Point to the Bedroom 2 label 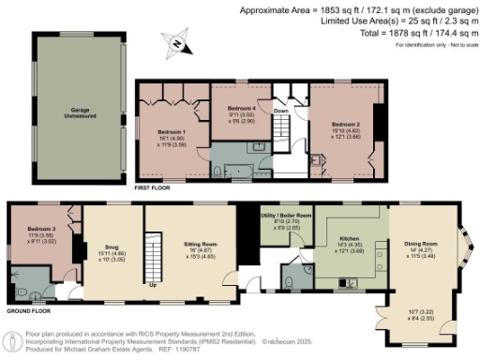(346, 123)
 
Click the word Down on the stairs (280, 110)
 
